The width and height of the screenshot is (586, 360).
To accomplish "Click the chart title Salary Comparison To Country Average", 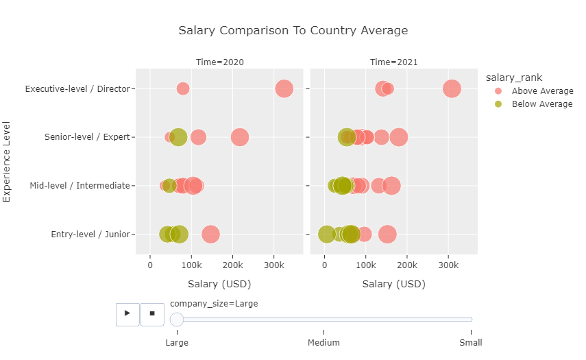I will tap(293, 31).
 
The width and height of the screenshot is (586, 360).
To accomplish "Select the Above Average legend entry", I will tap(541, 91).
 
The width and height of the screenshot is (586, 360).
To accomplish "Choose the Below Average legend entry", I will tap(541, 104).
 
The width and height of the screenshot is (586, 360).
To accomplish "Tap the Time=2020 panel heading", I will tap(219, 62).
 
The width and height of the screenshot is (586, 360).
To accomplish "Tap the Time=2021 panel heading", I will tap(393, 62).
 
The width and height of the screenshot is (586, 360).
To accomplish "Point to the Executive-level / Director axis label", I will tap(77, 89).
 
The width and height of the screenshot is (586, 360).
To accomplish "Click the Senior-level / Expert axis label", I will tap(87, 137).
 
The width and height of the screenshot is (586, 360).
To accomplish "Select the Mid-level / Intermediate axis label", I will tap(80, 186).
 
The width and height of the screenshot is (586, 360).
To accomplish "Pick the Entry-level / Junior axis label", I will tap(90, 235).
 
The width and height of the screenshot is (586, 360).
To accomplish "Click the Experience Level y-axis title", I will tap(8, 161).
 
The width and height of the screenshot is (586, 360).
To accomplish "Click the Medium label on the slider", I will tap(323, 343).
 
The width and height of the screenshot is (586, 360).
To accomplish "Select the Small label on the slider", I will tap(470, 343).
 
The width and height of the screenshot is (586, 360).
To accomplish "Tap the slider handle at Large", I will tap(177, 319).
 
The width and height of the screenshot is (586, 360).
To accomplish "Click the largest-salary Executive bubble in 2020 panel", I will tap(284, 88).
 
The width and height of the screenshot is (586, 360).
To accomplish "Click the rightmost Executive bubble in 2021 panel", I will tap(452, 88).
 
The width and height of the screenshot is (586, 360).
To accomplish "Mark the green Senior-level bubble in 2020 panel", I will tap(178, 137).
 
